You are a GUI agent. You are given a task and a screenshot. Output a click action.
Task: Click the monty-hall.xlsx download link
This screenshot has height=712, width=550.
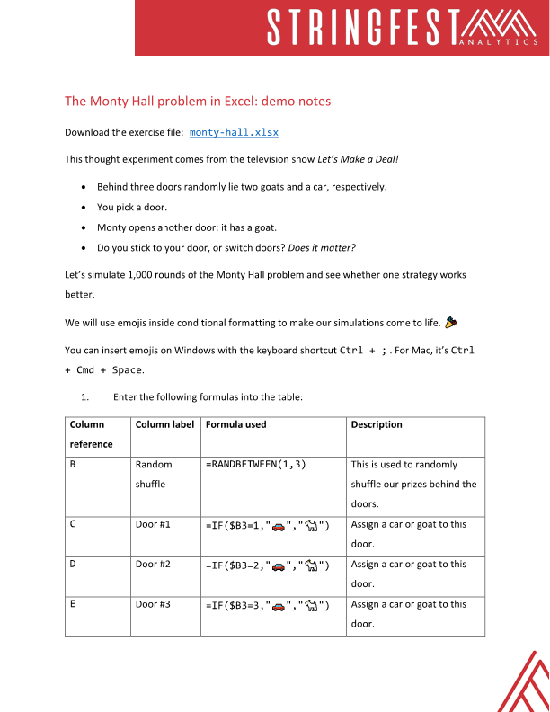click(234, 132)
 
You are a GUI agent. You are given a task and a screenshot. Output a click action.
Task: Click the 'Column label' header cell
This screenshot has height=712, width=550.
click(165, 424)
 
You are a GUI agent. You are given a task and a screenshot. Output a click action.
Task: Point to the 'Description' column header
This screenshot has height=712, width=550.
click(377, 424)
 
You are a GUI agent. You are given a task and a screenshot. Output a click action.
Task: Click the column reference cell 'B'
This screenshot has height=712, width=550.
click(73, 465)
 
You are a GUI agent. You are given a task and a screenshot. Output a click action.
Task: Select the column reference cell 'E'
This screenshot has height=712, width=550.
click(73, 604)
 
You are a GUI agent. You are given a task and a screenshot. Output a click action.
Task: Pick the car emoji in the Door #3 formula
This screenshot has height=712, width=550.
click(279, 605)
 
